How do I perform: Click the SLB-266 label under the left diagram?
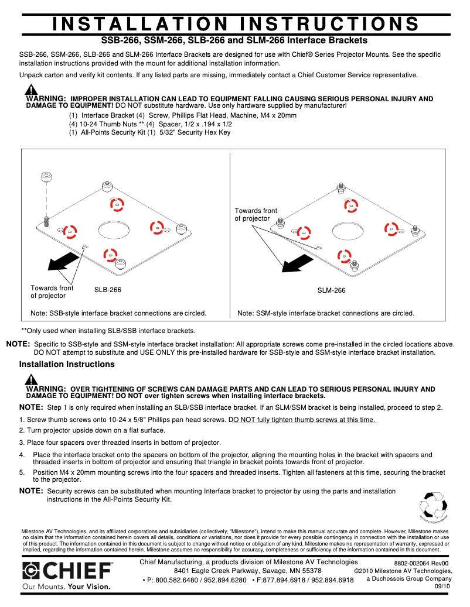coord(108,290)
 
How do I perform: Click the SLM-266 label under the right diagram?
coord(332,290)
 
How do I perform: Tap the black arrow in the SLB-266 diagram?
coord(63,260)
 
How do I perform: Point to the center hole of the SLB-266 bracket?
coord(114,229)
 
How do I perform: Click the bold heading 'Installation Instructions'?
coord(67,365)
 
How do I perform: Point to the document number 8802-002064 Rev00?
coord(421,563)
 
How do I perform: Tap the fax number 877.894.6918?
coord(284,580)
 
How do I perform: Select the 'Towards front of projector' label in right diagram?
coord(256,215)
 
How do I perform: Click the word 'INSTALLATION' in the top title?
coord(139,24)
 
